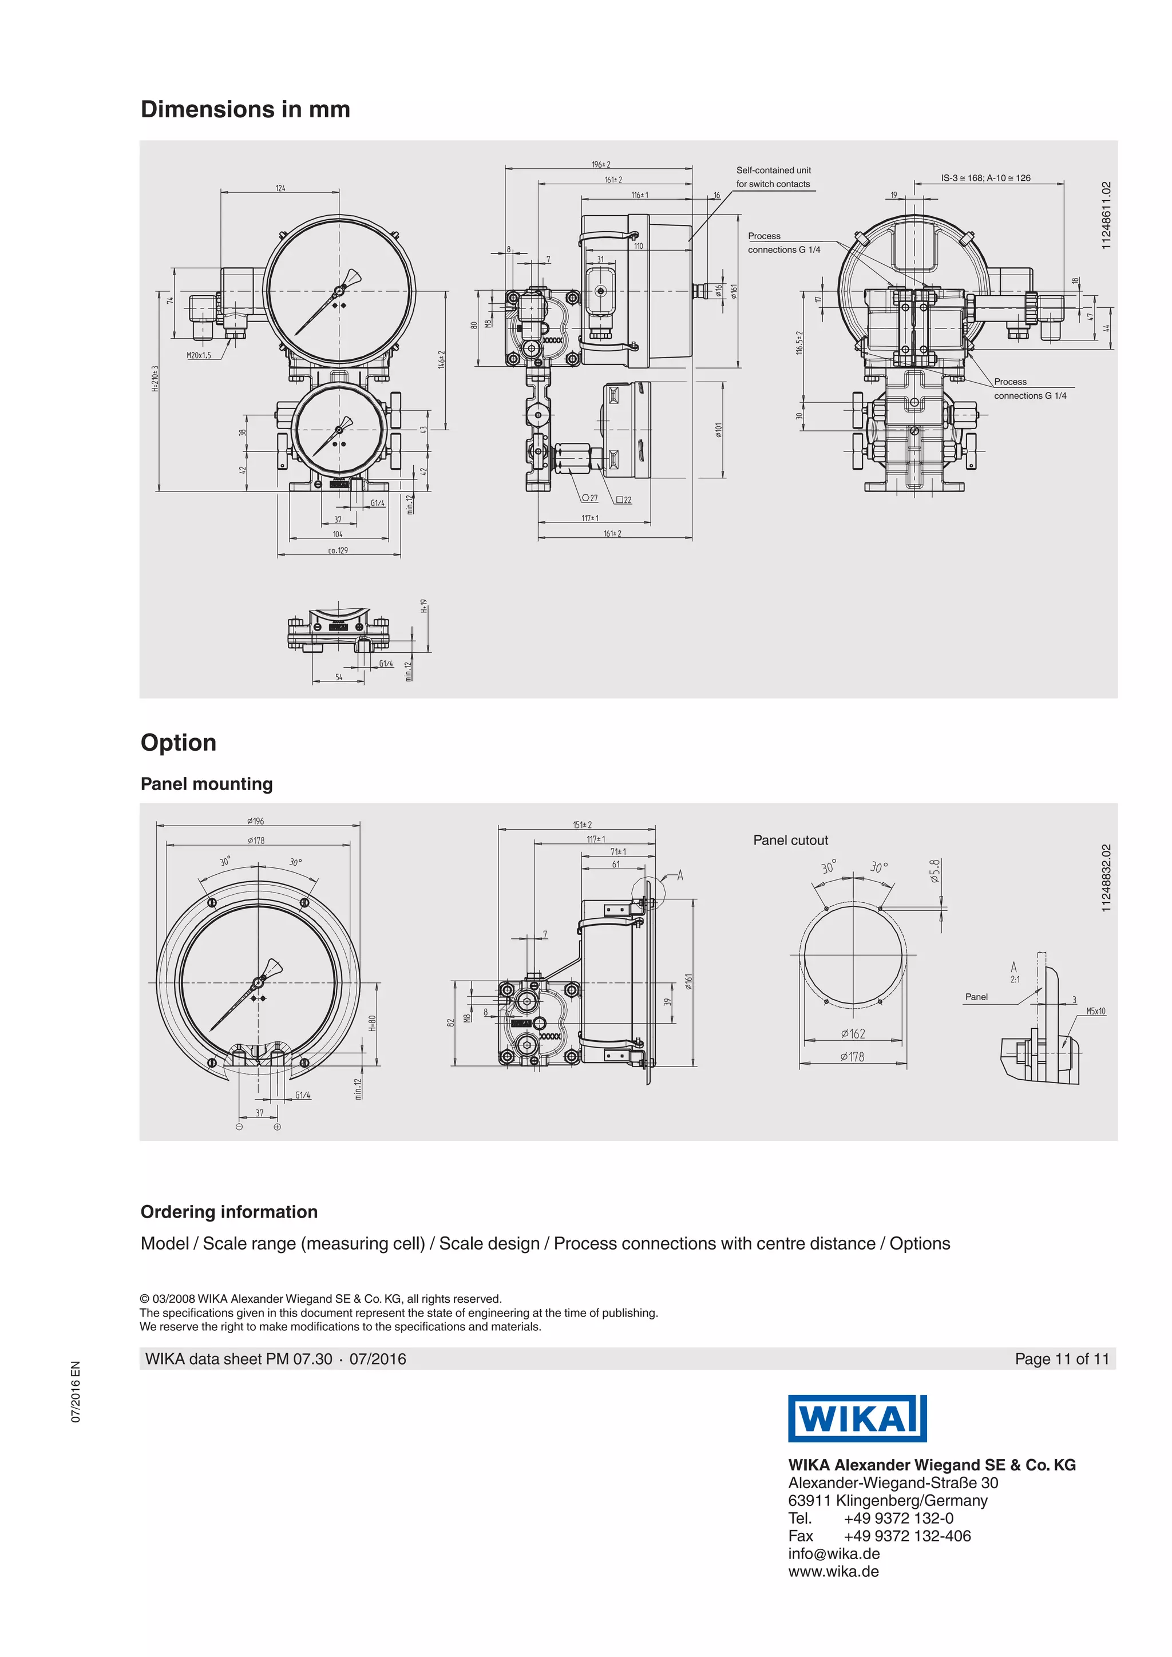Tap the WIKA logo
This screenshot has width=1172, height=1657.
(857, 1418)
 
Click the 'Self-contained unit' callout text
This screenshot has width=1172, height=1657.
(773, 171)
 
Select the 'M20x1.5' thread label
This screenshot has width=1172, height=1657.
(199, 355)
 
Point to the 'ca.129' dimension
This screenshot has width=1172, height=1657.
(338, 550)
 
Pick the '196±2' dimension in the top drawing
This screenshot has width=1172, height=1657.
(600, 165)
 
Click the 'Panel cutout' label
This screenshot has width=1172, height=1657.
(790, 840)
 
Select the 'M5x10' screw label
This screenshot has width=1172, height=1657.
(1095, 1011)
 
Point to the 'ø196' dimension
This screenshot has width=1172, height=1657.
(255, 821)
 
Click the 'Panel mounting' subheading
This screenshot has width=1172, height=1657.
(207, 784)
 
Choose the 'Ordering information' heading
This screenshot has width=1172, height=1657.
(229, 1212)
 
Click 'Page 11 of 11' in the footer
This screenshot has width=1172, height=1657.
(1061, 1359)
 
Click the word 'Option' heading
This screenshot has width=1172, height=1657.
(178, 743)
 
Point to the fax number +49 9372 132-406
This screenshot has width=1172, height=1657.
(906, 1536)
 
